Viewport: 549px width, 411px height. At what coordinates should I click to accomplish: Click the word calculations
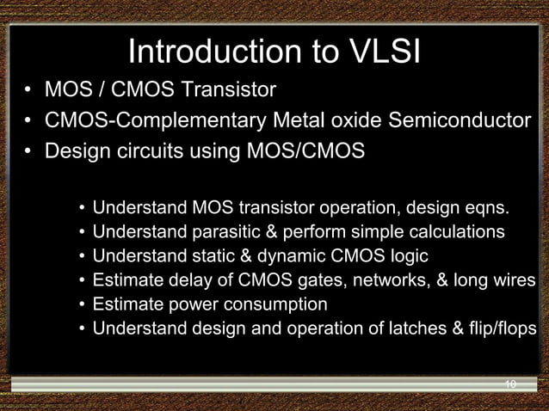coord(454,232)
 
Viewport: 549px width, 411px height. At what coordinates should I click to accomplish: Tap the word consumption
coord(276,304)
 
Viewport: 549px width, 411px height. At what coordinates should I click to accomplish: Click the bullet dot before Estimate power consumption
coord(82,305)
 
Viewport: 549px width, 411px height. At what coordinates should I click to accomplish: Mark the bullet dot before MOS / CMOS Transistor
coord(28,90)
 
